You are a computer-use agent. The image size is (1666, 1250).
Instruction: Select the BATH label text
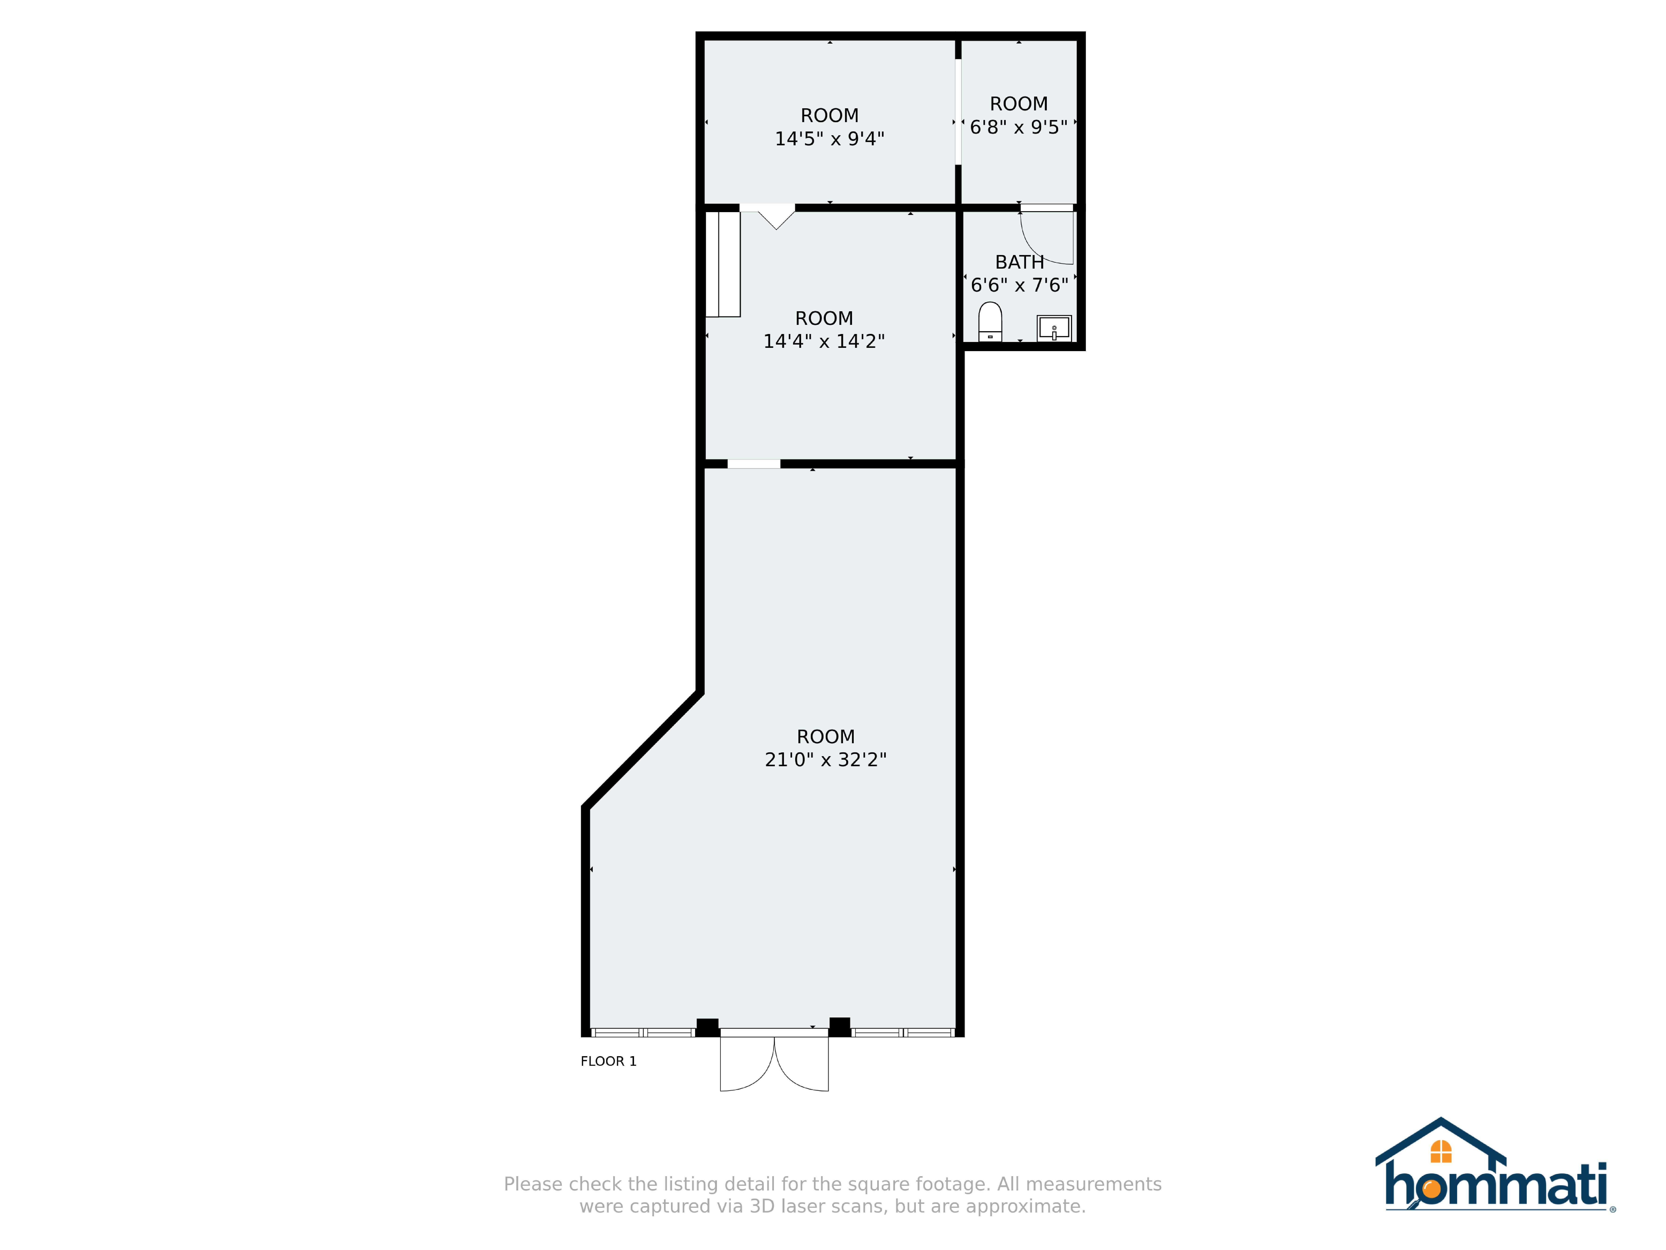click(x=1020, y=262)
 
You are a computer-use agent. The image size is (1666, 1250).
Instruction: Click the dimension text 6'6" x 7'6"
click(x=1020, y=285)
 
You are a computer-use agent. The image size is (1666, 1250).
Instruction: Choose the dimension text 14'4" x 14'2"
click(x=824, y=341)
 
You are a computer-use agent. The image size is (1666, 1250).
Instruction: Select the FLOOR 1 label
click(x=609, y=1062)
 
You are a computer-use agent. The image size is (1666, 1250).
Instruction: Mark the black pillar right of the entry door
click(x=840, y=1027)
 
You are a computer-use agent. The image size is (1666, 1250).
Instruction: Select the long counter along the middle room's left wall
click(x=723, y=264)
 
